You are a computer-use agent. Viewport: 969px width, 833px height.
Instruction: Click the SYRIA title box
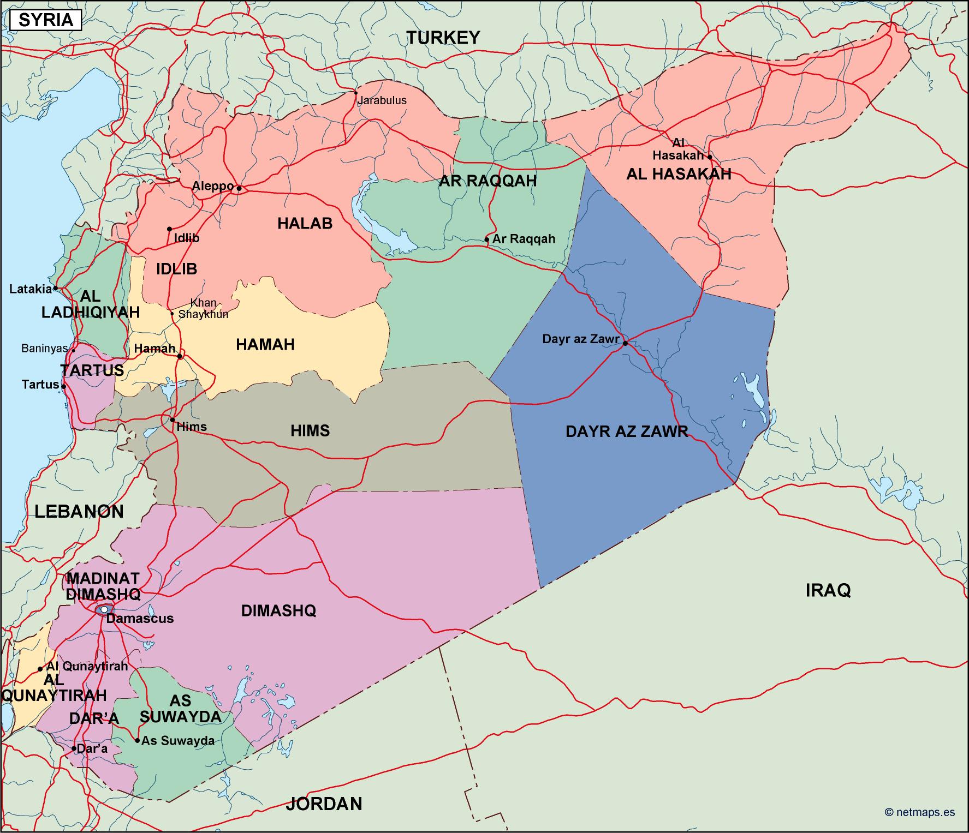point(46,20)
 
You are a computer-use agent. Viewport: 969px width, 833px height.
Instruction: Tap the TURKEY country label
point(443,38)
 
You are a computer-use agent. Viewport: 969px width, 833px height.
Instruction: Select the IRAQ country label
point(828,590)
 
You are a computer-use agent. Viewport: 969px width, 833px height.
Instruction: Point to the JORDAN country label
point(324,804)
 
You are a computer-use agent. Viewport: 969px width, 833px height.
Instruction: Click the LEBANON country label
point(79,511)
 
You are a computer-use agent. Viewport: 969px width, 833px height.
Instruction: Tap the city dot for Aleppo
point(239,188)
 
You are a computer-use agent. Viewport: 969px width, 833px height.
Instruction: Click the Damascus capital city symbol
point(104,609)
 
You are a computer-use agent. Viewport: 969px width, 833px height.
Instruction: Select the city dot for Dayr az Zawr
point(625,343)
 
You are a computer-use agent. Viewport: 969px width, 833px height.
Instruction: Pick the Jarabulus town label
point(382,101)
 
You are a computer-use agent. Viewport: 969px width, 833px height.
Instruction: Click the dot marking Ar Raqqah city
point(487,239)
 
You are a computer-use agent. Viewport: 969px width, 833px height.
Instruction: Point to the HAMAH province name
point(265,344)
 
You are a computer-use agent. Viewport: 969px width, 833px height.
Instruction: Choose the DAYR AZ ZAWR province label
point(627,432)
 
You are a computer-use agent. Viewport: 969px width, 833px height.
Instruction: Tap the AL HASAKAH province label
point(678,174)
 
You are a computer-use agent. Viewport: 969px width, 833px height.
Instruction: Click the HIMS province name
point(310,431)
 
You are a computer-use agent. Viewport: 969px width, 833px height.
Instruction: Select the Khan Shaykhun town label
point(203,309)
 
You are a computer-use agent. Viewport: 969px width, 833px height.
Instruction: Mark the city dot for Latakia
point(56,288)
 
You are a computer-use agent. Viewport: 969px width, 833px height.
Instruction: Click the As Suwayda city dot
point(137,740)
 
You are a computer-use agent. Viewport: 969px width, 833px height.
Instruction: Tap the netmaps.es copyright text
point(920,812)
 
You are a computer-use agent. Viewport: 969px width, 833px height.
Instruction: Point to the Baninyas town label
point(44,348)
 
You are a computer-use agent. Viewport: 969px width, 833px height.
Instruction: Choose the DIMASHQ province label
point(278,610)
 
